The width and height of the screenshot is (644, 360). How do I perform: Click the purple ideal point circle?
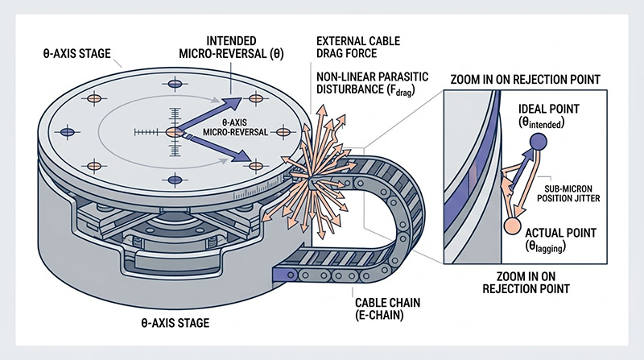tap(538, 143)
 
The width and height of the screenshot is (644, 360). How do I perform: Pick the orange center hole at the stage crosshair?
tap(172, 132)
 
